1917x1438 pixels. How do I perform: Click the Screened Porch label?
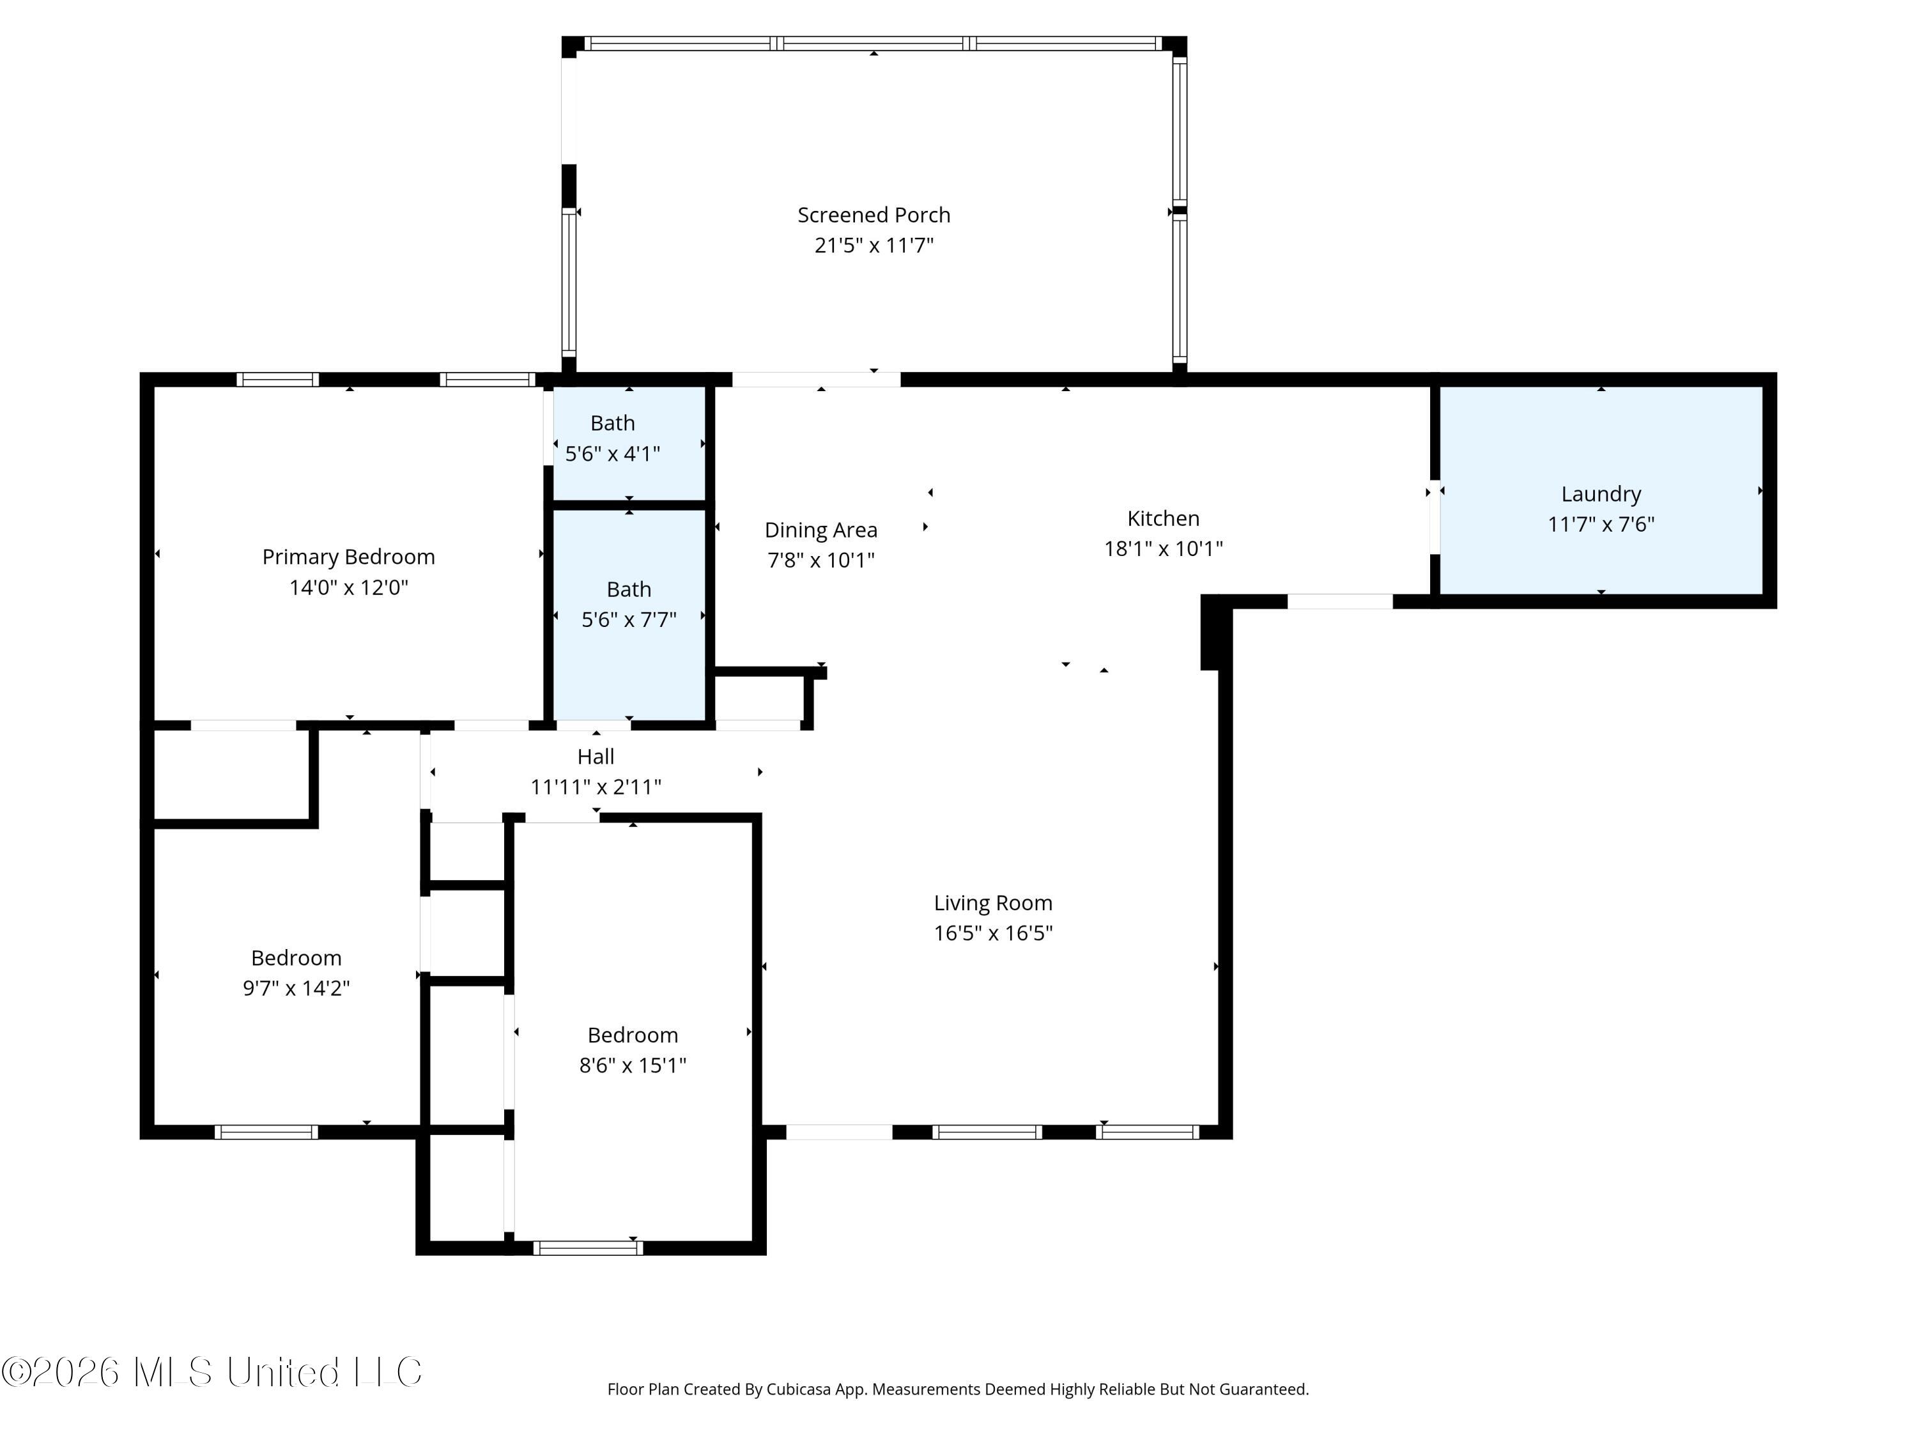[x=874, y=215]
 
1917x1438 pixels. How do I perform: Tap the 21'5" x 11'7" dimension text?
[x=874, y=245]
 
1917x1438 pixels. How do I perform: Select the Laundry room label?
[x=1601, y=494]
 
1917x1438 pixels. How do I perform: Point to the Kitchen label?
[x=1163, y=518]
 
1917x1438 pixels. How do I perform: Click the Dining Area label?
[x=820, y=530]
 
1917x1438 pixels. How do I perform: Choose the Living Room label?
[x=993, y=903]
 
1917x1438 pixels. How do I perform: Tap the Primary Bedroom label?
[x=348, y=557]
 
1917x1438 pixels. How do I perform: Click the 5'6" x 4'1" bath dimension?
[x=613, y=453]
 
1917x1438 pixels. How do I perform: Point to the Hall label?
[x=596, y=757]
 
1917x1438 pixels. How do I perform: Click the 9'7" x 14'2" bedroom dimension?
[x=296, y=988]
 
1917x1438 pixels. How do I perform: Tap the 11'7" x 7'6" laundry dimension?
[x=1601, y=525]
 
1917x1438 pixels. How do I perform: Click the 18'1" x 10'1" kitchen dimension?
[x=1163, y=548]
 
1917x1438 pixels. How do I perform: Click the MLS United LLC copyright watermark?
[x=212, y=1372]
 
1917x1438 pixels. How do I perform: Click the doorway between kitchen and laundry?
[x=1435, y=516]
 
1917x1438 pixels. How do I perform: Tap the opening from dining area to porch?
[x=817, y=379]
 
